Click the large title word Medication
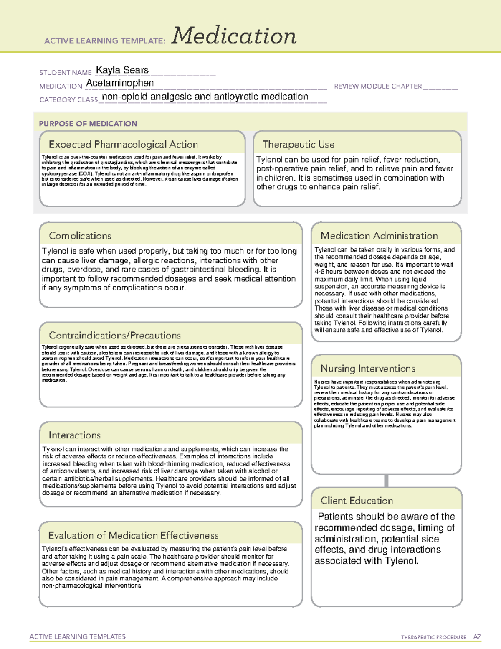234,36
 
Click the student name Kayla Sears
122,70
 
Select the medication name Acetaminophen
120,83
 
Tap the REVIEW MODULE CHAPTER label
378,86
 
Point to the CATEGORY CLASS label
68,100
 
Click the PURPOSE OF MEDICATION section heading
88,124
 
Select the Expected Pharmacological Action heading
123,144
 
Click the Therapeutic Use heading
298,144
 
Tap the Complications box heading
80,236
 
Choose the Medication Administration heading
379,236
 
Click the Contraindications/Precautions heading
114,335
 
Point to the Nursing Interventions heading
367,368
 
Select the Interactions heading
74,435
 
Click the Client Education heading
357,500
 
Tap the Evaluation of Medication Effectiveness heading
133,535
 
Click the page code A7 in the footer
477,637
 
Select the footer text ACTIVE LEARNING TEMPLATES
77,636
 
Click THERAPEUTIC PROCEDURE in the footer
433,637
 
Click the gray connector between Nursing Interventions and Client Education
386,481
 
